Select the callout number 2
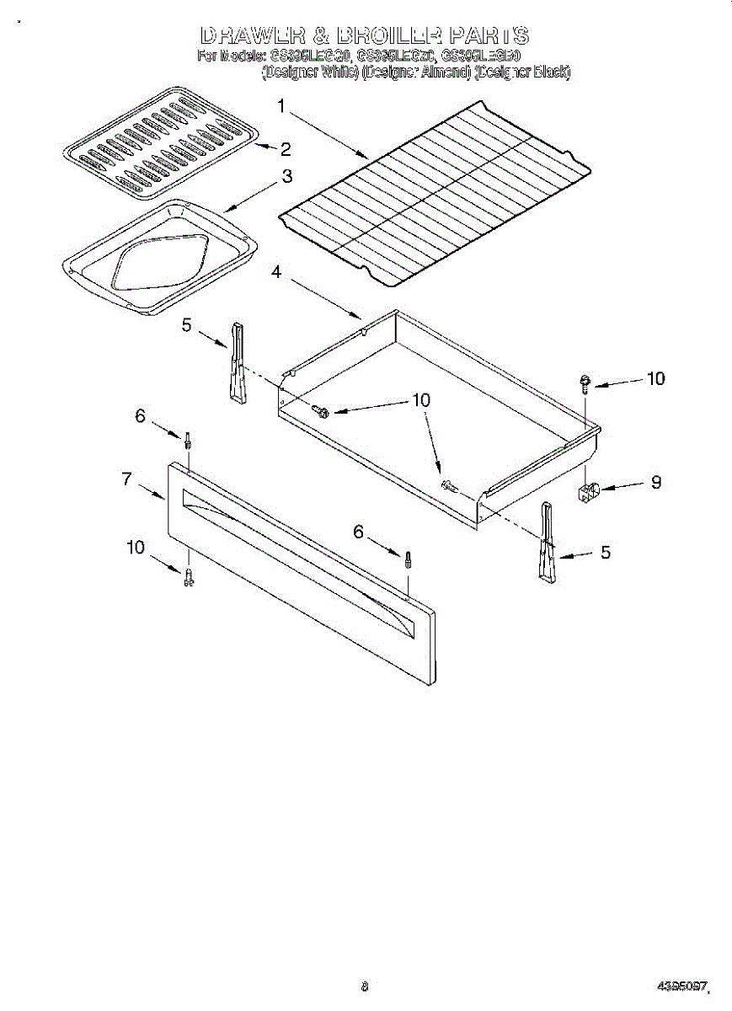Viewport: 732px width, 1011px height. [286, 150]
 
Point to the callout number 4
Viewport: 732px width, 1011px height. [276, 272]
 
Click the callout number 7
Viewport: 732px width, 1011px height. [127, 479]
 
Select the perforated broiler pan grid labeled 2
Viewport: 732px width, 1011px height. [160, 142]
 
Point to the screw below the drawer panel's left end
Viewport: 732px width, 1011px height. [189, 577]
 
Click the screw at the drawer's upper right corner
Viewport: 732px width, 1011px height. [583, 383]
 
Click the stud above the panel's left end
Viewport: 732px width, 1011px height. [188, 440]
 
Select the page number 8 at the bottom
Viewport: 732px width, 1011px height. [365, 985]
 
